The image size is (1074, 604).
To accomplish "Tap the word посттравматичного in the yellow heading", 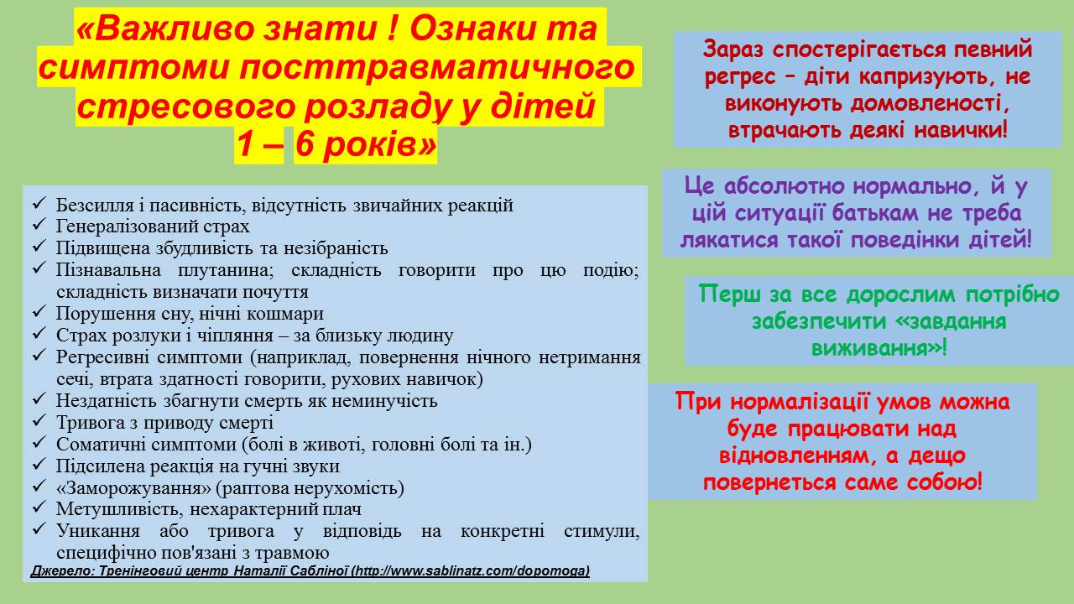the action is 437,68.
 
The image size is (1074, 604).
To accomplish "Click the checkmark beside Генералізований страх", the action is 39,224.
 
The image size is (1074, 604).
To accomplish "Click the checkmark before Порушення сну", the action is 39,311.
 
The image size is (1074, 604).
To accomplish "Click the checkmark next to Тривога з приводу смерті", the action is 39,421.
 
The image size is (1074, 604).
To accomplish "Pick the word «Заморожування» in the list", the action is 133,488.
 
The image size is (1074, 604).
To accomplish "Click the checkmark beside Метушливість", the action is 39,508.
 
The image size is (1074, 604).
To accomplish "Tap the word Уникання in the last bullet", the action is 98,531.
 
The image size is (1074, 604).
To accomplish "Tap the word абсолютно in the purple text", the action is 785,186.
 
